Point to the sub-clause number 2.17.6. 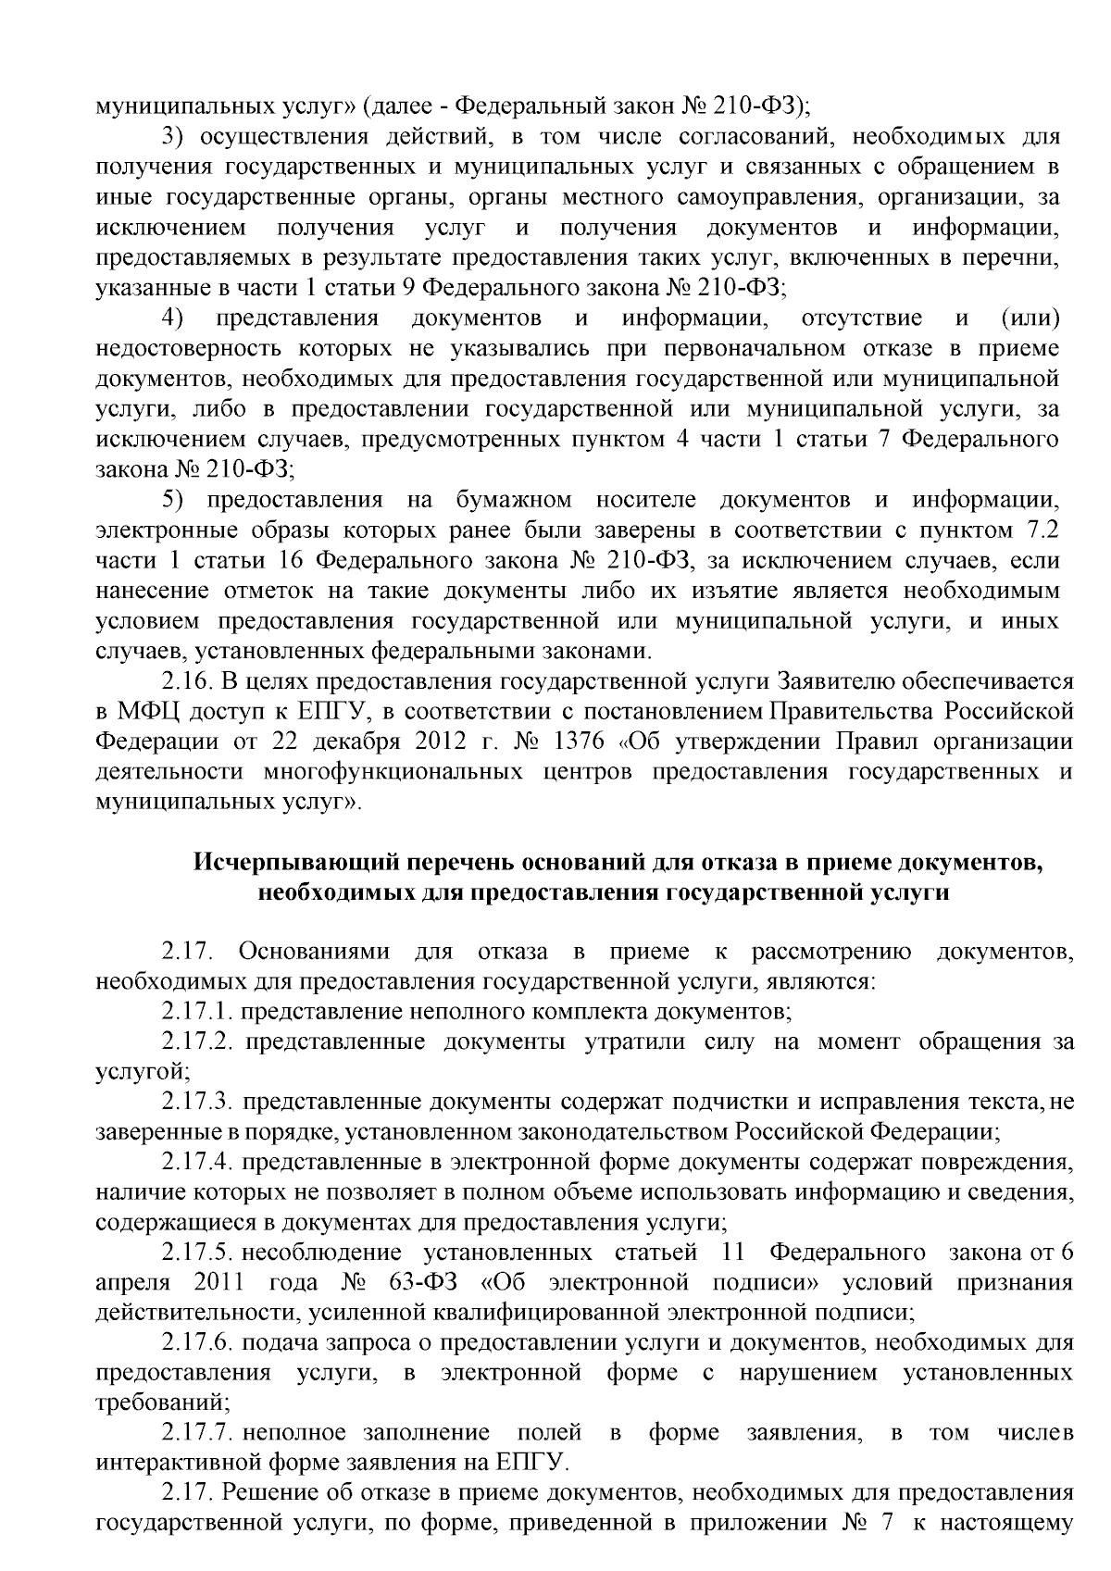[197, 1341]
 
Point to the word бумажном [514, 501]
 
